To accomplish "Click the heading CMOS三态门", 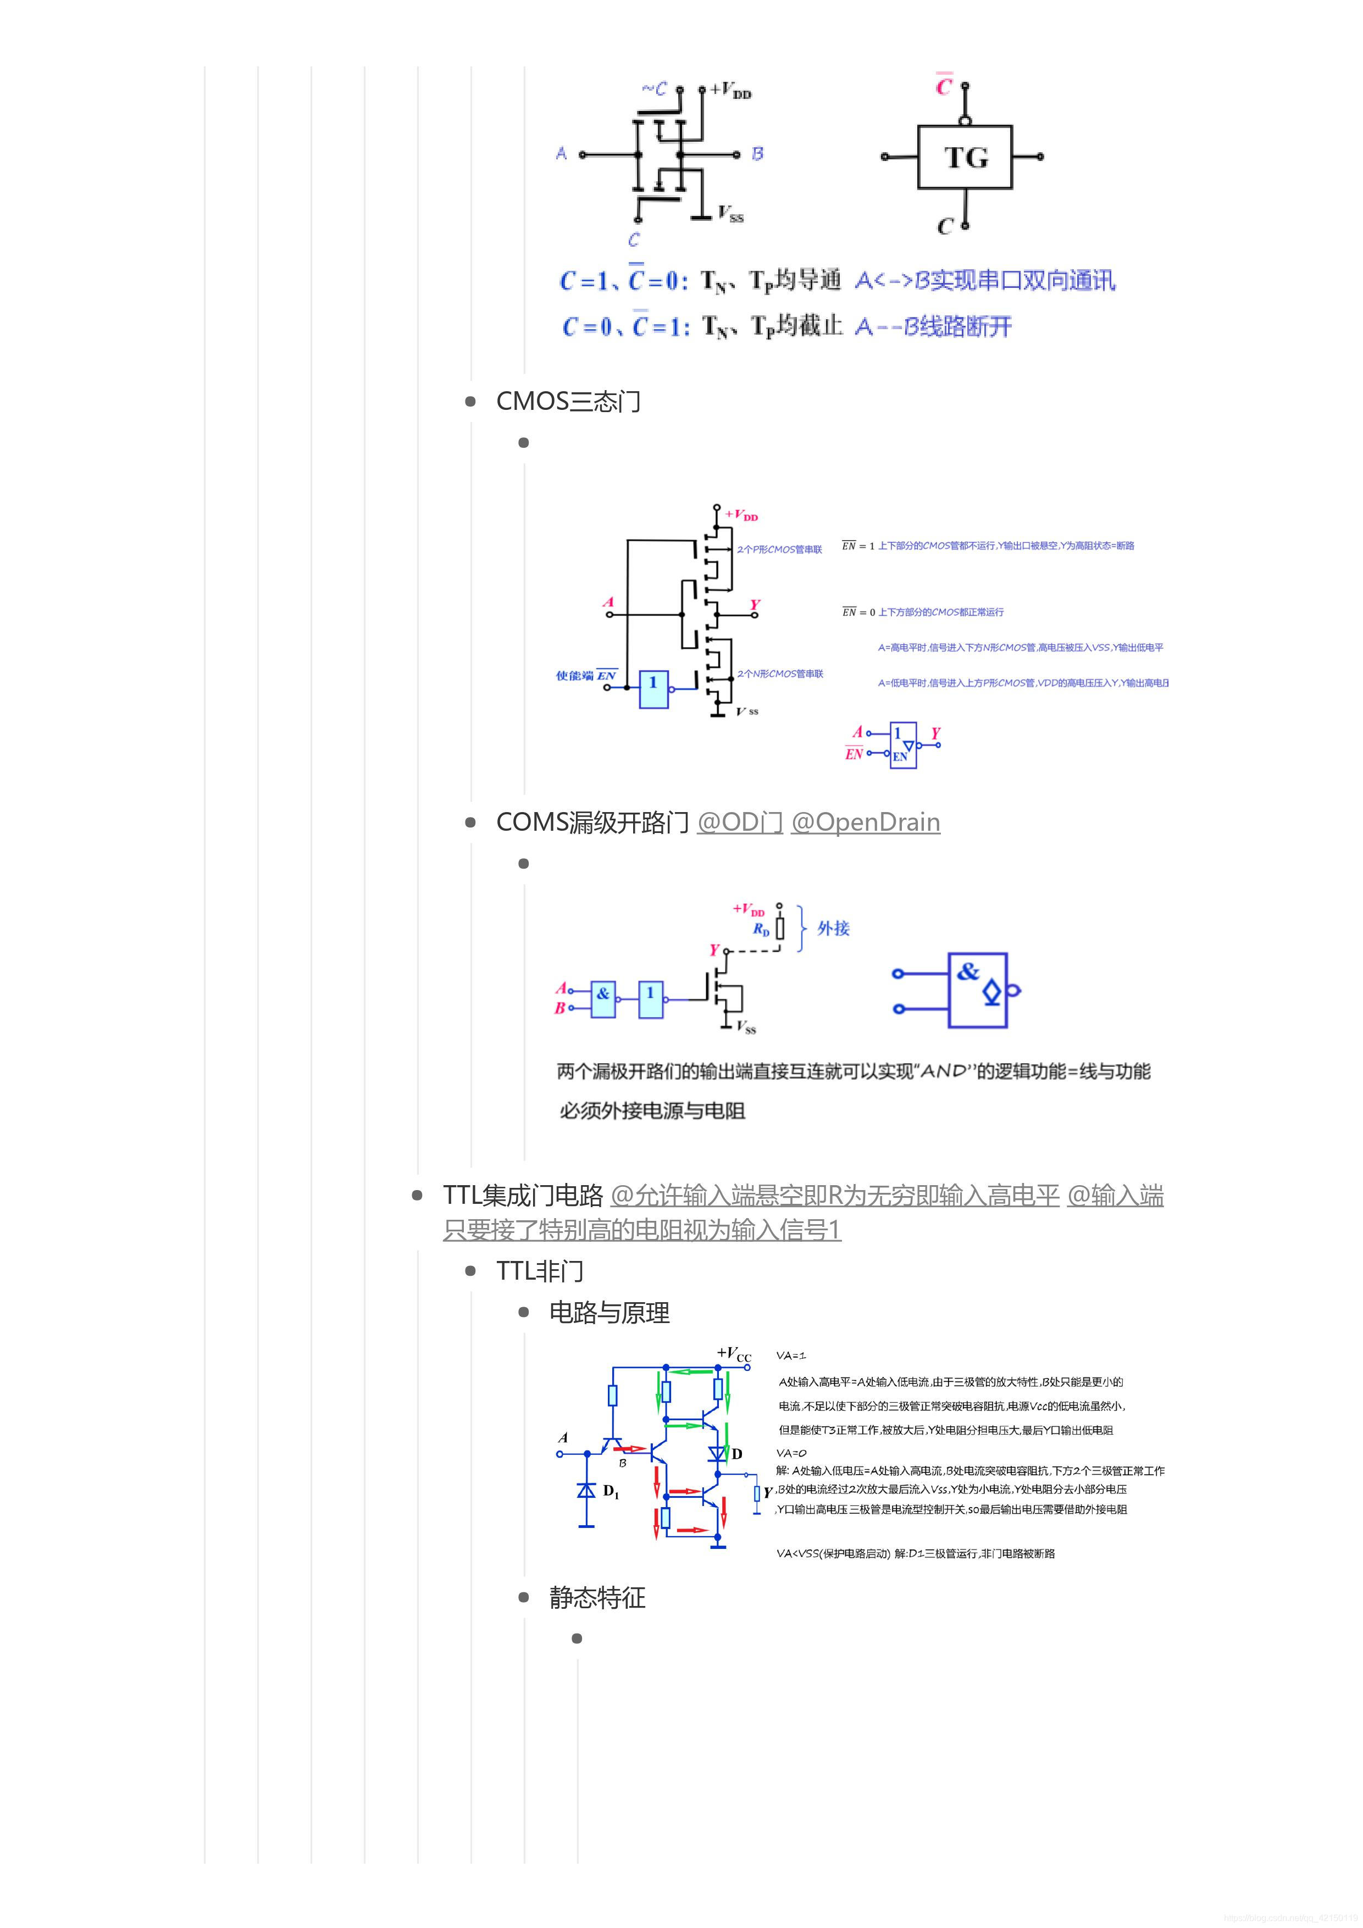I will coord(568,402).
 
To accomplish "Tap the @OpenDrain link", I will coord(865,822).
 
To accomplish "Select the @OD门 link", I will coord(739,822).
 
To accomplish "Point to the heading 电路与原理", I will coord(609,1313).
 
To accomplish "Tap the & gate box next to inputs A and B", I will coord(603,999).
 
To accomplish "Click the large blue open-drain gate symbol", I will coord(978,990).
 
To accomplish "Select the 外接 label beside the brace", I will coord(833,928).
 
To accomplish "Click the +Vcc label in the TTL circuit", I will coord(734,1354).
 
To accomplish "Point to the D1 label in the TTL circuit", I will coord(611,1491).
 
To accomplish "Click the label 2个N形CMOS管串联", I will coord(780,674).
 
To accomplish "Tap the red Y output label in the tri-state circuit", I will coord(755,604).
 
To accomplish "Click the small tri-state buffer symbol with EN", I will coord(904,745).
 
